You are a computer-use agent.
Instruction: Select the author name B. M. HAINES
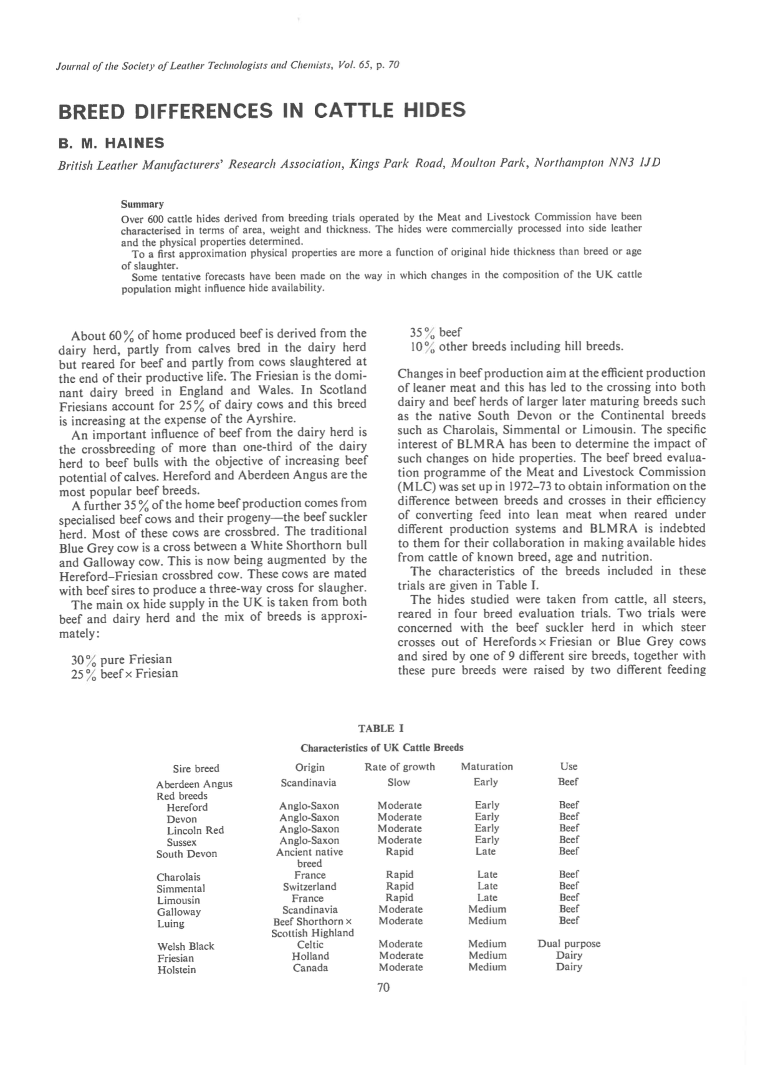[111, 143]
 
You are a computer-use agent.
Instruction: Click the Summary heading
[142, 204]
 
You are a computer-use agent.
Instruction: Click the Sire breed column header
[196, 768]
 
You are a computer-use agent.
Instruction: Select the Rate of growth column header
[400, 767]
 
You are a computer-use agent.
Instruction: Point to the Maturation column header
[486, 767]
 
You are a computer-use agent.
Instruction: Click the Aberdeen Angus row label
[194, 784]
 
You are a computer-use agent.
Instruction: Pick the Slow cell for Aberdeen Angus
[398, 782]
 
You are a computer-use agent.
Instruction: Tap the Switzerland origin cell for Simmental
[309, 886]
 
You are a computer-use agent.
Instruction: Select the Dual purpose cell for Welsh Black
[568, 944]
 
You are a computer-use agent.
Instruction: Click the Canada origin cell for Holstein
[310, 968]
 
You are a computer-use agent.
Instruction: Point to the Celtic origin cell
[310, 944]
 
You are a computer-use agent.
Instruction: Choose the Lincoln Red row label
[194, 830]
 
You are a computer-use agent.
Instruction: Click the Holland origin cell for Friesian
[310, 956]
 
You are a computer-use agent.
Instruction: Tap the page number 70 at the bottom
[383, 987]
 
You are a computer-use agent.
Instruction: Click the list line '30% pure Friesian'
[121, 659]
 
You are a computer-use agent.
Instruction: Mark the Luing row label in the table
[170, 924]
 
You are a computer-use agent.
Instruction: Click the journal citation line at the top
[228, 65]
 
